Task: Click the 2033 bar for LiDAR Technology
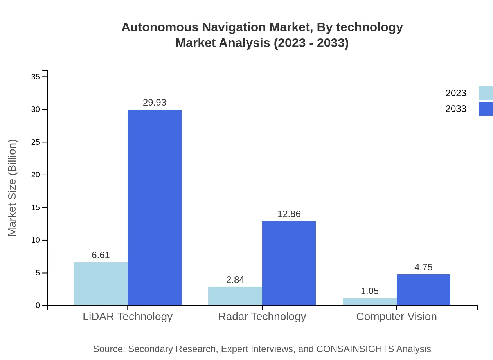155,207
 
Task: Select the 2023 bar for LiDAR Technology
101,284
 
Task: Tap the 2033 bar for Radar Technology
289,263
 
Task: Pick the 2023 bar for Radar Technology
235,296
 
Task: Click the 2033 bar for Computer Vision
423,290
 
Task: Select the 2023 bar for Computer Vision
369,302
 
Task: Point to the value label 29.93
155,103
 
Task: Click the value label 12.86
289,214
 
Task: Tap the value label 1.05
369,291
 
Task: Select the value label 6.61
101,255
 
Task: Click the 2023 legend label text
456,93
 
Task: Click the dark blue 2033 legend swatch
486,109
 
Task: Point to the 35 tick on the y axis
36,77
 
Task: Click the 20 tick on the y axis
36,175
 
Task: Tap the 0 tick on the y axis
38,306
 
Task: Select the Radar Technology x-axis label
262,317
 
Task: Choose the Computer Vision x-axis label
396,317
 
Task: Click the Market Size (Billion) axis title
12,188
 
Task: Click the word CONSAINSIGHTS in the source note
354,349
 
